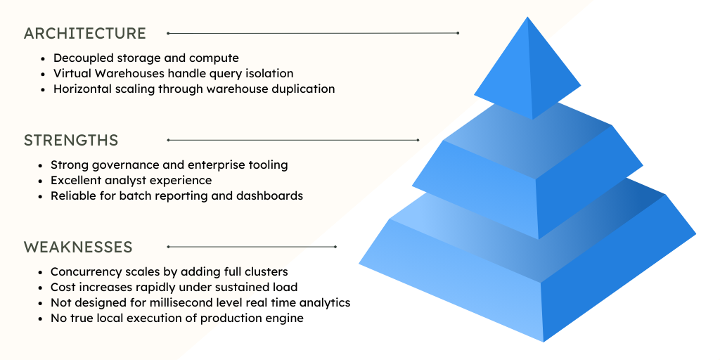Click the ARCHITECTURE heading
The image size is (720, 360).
coord(85,33)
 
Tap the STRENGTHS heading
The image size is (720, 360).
coord(71,141)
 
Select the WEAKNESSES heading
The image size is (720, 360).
coord(78,247)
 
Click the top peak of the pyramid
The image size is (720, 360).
coord(527,18)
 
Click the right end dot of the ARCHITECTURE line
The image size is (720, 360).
coord(458,33)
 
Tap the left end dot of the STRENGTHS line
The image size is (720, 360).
coord(168,141)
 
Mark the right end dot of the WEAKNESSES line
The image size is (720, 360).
coord(336,247)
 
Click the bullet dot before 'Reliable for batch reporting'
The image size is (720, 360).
coord(40,196)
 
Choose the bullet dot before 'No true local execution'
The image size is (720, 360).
coord(40,319)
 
